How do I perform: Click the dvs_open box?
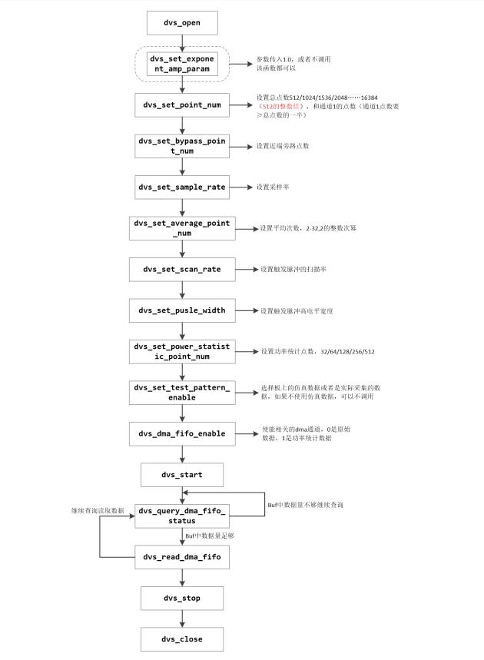[x=182, y=22]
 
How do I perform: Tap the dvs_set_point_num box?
[x=182, y=104]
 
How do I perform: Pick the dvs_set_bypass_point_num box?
[x=182, y=145]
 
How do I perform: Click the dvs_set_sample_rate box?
[x=182, y=187]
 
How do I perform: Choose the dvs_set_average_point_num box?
[x=182, y=227]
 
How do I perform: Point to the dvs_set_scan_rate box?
[x=182, y=269]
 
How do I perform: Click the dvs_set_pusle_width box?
[x=182, y=310]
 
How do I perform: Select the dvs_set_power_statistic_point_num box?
[x=182, y=351]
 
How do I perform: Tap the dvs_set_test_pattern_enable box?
[x=182, y=392]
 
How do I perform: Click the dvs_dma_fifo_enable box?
[x=182, y=433]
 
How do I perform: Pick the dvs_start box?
[x=182, y=474]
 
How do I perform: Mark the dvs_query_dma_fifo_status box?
[x=182, y=516]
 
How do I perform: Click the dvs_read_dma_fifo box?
[x=182, y=556]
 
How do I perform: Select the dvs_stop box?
[x=182, y=598]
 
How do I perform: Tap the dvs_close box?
[x=182, y=638]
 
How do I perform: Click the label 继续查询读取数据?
[x=98, y=510]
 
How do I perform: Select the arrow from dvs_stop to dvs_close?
[x=182, y=618]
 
